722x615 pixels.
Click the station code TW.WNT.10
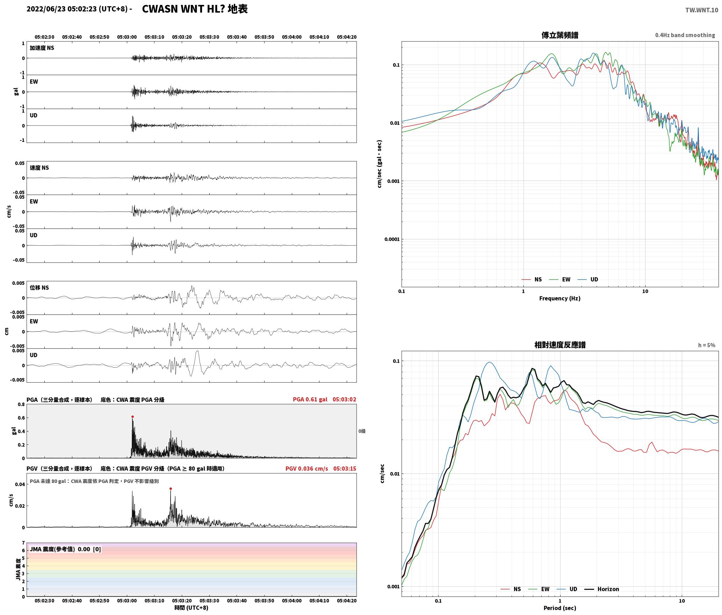(702, 10)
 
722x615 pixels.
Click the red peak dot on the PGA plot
(132, 417)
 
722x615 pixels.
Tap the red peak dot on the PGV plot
(171, 489)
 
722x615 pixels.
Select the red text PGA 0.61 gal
(310, 399)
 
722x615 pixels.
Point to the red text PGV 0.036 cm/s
(306, 469)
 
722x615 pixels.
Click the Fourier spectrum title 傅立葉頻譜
(560, 35)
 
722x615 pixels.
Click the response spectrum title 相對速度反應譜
(560, 345)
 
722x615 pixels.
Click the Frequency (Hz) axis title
(560, 298)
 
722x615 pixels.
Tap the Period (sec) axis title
(560, 608)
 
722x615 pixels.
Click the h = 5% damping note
(707, 345)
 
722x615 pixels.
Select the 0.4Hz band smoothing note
(685, 35)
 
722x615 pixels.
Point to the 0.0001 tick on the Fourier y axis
(392, 239)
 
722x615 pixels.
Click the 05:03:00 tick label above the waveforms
(127, 37)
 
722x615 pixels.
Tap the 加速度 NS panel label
(42, 48)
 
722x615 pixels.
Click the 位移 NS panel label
(39, 288)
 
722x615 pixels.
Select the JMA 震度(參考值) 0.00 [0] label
(65, 549)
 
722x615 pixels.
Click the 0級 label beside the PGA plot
(362, 431)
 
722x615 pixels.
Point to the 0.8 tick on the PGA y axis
(21, 404)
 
